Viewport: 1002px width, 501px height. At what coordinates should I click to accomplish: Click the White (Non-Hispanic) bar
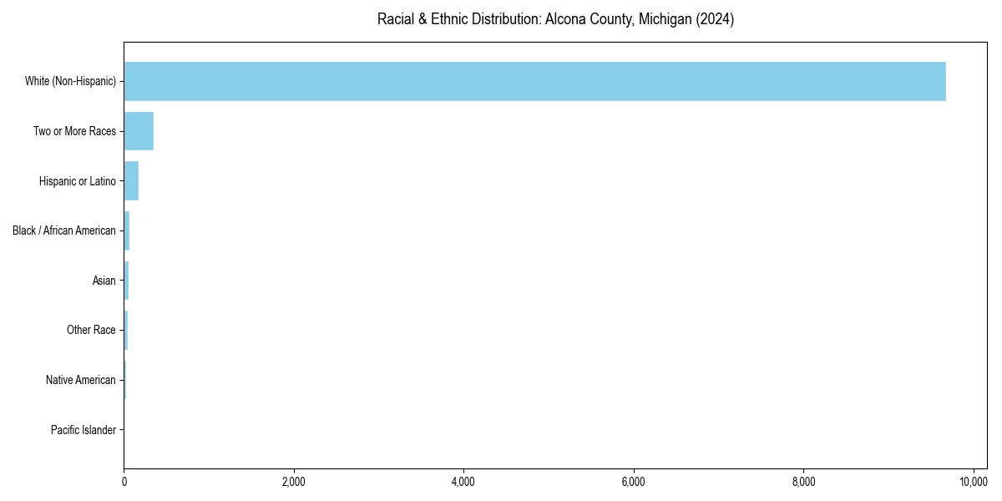[x=534, y=81]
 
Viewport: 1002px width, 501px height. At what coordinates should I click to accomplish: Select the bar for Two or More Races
[x=139, y=131]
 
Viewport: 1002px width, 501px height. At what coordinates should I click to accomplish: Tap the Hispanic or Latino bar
[x=131, y=181]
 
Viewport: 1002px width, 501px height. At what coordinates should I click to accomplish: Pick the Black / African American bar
[x=127, y=230]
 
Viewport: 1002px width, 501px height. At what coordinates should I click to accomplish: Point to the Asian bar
[x=126, y=281]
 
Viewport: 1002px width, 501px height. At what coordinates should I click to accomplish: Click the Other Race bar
[x=126, y=330]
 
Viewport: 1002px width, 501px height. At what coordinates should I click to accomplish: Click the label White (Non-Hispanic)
[x=70, y=81]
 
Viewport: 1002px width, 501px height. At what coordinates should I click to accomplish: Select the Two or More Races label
[x=74, y=131]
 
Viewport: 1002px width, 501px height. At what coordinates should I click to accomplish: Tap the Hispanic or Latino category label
[x=77, y=181]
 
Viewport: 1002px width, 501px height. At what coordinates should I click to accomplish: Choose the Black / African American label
[x=63, y=230]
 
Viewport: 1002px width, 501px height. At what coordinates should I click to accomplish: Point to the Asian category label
[x=104, y=281]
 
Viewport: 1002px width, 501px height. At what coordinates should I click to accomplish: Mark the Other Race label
[x=91, y=330]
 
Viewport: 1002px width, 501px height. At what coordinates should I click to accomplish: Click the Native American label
[x=80, y=380]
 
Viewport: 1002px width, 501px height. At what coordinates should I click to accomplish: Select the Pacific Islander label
[x=83, y=430]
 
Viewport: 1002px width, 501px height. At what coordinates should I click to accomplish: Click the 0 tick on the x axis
[x=124, y=482]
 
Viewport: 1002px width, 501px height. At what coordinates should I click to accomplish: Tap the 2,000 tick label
[x=294, y=482]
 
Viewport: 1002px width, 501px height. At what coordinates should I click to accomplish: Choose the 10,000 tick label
[x=974, y=482]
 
